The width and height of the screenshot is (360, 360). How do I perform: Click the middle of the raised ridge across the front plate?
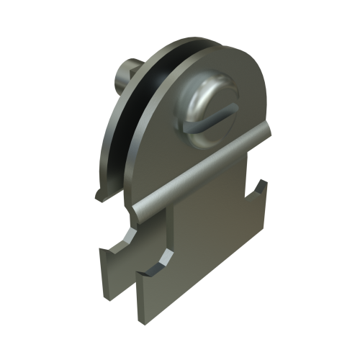pyautogui.click(x=202, y=169)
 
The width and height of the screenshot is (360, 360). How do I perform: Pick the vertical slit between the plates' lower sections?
pyautogui.click(x=136, y=288)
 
